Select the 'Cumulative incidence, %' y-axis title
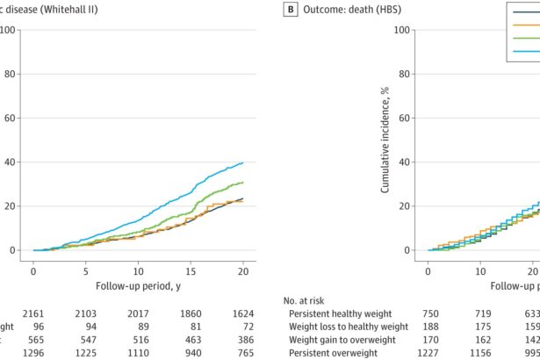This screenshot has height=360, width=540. (x=385, y=142)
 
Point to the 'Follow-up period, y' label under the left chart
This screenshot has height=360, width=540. (x=139, y=284)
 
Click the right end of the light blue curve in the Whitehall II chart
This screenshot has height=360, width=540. (x=242, y=162)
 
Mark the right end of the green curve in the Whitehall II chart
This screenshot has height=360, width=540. (x=242, y=183)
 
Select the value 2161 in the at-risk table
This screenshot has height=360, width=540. (x=32, y=313)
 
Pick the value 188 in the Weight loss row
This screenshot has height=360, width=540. (x=427, y=326)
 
